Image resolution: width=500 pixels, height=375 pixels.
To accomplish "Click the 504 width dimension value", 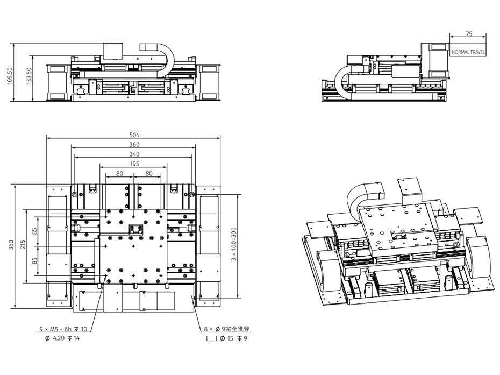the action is [134, 135].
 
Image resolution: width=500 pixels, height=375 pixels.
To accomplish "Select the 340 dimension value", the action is [134, 154].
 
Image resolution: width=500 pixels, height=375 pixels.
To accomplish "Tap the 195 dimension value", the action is [134, 164].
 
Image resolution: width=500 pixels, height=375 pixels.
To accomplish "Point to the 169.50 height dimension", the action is [10, 76].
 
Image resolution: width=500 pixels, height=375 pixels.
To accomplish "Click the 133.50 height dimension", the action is [29, 76].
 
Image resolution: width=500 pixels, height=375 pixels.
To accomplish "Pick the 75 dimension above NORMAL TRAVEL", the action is [469, 34].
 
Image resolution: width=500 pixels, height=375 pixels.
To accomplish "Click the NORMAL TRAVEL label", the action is [468, 52].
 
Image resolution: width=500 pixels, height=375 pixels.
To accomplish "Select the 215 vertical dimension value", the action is [23, 245].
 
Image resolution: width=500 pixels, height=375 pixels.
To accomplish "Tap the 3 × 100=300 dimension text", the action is [234, 244].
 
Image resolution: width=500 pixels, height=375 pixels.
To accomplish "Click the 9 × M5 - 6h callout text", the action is [63, 329].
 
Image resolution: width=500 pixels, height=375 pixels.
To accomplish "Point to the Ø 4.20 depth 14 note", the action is [62, 338].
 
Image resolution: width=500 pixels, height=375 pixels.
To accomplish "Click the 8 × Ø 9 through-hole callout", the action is [227, 329].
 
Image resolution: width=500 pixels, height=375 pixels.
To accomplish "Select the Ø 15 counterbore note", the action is [227, 338].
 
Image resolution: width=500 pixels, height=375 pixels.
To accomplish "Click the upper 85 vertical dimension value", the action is [35, 231].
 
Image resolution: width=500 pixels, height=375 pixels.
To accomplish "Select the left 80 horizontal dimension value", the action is [119, 173].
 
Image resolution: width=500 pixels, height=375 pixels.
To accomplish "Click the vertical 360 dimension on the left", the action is [11, 245].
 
